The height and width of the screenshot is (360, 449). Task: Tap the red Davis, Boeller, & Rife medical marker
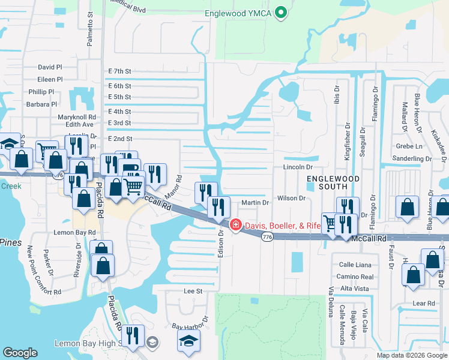(235, 225)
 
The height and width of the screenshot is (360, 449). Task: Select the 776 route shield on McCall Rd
(267, 238)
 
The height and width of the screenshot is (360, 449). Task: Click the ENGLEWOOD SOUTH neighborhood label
(333, 184)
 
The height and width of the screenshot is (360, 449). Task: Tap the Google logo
(20, 353)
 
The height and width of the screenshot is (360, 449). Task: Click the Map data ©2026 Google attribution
(411, 355)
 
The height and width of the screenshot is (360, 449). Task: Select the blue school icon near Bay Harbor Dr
(188, 341)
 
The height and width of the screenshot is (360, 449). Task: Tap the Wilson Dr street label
(292, 198)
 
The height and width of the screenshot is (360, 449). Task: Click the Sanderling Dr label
(411, 159)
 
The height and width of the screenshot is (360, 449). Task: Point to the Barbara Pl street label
(41, 104)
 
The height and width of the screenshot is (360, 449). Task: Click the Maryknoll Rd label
(77, 117)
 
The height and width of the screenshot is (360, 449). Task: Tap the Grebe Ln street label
(409, 146)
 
